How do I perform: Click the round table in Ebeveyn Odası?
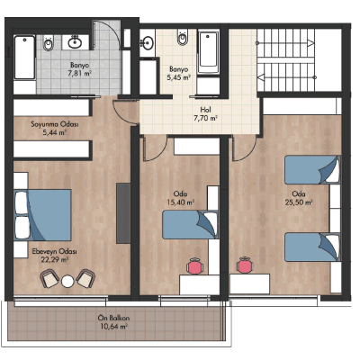tap(67, 282)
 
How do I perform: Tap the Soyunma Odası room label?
tap(55, 124)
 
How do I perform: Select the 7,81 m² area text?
tap(80, 73)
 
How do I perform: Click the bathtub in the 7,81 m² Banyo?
tap(25, 58)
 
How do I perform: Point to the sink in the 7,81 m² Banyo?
tap(75, 41)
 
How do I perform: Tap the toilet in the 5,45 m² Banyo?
tap(182, 37)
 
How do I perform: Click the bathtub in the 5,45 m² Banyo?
tap(209, 52)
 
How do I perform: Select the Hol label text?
tap(206, 110)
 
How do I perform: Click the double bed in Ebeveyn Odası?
tap(42, 215)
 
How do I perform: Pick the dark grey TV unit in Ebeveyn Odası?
tap(123, 213)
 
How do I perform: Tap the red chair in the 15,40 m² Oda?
tap(195, 265)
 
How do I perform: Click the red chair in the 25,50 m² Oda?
tap(246, 265)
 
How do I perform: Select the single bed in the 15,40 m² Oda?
tap(190, 225)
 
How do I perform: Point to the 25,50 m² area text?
tap(299, 202)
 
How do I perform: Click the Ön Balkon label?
tap(113, 318)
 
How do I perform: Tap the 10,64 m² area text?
tap(113, 327)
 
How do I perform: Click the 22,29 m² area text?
tap(54, 259)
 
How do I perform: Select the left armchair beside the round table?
tap(49, 279)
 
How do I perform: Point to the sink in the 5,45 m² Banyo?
tap(147, 43)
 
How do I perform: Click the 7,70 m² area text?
tap(205, 118)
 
